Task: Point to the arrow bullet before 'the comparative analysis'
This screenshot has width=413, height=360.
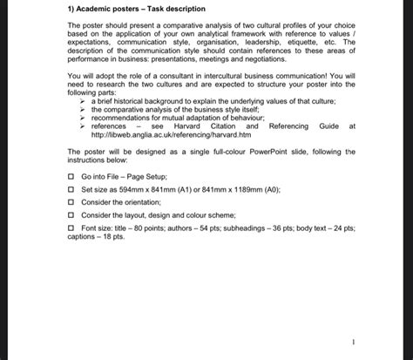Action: [x=84, y=111]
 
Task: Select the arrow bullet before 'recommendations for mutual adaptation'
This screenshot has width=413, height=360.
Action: [x=84, y=119]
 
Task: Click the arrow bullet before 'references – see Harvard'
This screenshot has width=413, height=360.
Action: [x=84, y=126]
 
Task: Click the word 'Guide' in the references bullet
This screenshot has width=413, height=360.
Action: [x=328, y=126]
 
